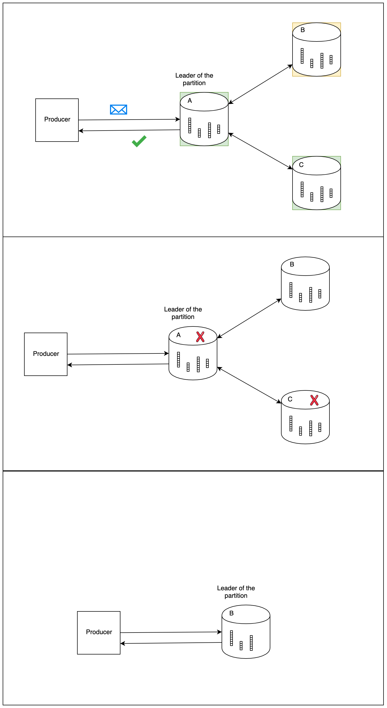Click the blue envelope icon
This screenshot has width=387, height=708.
[119, 109]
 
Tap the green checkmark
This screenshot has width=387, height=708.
[139, 141]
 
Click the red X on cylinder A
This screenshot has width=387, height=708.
[200, 337]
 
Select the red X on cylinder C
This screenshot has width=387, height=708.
[314, 400]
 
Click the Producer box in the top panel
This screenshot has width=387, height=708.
[57, 120]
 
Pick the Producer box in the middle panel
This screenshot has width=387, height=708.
[45, 354]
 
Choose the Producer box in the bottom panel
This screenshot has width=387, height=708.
[99, 633]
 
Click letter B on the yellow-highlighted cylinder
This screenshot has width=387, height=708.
[303, 30]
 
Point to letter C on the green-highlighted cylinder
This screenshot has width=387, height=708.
[301, 165]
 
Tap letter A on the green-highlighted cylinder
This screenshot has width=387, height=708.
[190, 101]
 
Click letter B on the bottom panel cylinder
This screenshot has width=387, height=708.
[232, 613]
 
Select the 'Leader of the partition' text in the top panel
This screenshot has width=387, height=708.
[194, 79]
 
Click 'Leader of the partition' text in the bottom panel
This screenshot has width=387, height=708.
[236, 592]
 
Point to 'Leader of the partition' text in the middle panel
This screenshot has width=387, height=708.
[183, 313]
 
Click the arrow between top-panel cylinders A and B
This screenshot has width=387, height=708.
[260, 84]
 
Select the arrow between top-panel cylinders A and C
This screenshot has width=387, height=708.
[260, 151]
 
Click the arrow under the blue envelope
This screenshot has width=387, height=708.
[129, 120]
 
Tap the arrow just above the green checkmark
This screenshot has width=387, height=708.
[129, 130]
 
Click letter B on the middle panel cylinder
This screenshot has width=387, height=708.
[292, 264]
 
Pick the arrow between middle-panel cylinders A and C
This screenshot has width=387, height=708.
[249, 385]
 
